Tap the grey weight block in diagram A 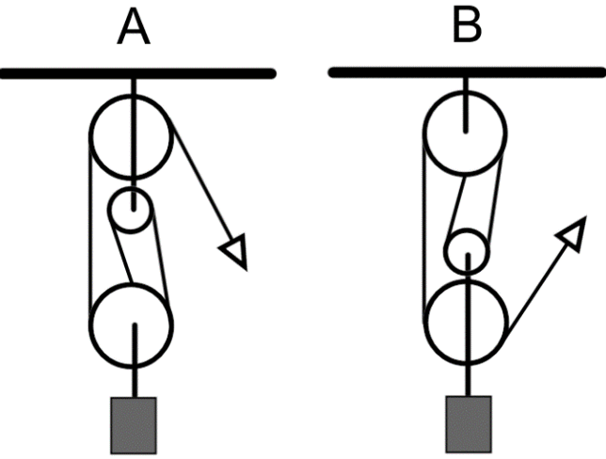(134, 419)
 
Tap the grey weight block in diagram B (467, 419)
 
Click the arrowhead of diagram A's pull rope (234, 252)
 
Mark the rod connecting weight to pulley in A (134, 376)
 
